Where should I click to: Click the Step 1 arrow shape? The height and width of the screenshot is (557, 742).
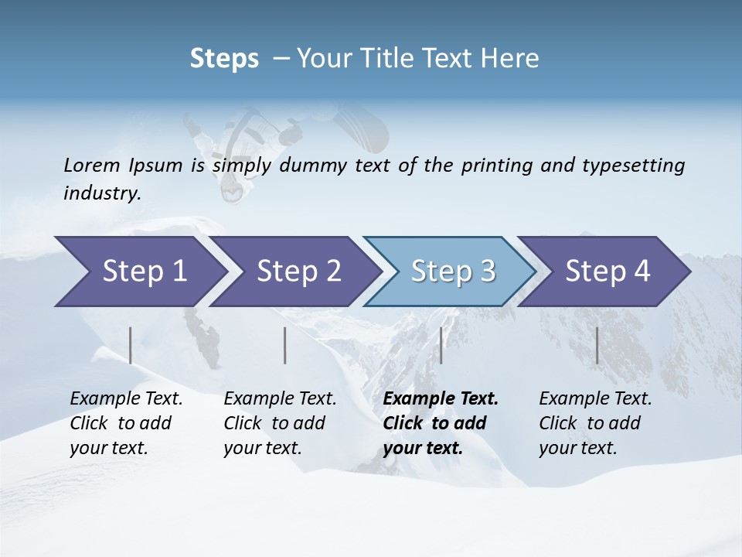click(139, 272)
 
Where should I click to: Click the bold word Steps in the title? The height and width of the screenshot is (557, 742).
click(224, 59)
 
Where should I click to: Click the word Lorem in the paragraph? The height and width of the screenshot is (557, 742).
click(91, 165)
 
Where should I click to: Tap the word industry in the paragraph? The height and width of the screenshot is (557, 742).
click(102, 193)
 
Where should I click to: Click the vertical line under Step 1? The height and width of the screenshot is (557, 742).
click(131, 345)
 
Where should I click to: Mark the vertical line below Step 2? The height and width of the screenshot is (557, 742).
click(285, 345)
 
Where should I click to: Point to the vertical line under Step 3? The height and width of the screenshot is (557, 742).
click(441, 345)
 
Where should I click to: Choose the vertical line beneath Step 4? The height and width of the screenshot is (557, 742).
click(597, 345)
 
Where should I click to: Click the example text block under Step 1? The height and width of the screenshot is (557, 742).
click(126, 423)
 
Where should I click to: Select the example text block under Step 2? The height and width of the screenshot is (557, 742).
click(280, 423)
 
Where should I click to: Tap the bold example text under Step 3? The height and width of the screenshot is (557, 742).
click(441, 423)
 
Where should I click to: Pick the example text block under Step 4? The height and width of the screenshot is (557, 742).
click(595, 423)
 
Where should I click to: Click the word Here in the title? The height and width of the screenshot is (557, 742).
click(510, 59)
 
